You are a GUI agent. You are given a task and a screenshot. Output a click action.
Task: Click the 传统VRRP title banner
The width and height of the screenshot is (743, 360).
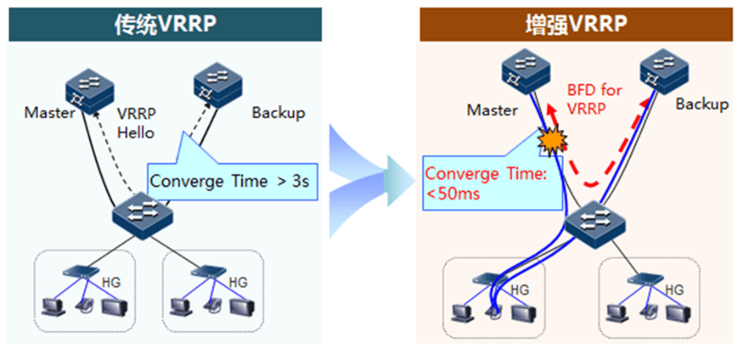[165, 24]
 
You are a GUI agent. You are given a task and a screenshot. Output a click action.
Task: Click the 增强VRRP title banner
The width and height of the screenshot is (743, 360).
[575, 24]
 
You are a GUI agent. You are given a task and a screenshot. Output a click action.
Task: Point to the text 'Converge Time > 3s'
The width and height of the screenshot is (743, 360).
[229, 181]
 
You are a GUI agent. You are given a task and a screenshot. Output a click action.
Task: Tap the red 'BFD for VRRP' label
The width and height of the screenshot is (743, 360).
[594, 100]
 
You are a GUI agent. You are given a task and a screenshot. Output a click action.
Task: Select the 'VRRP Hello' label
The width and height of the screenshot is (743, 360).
[137, 124]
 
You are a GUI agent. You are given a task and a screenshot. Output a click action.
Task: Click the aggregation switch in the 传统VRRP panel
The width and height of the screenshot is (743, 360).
[143, 215]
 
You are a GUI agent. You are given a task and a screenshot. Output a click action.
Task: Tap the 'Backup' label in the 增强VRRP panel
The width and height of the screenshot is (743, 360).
[702, 104]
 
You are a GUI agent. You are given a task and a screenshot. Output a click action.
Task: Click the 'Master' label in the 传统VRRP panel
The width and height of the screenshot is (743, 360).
[49, 113]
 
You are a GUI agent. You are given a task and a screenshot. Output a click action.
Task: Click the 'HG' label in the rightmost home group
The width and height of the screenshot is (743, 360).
[674, 289]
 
